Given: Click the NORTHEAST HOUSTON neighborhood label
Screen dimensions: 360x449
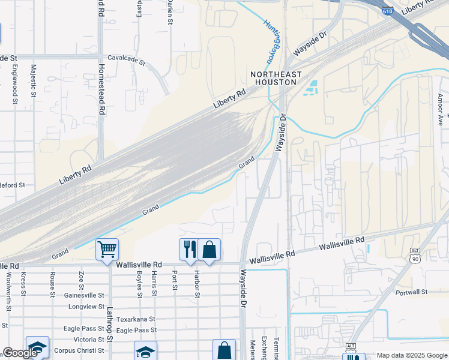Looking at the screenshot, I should (276, 77).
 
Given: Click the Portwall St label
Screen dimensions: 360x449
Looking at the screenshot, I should (411, 292).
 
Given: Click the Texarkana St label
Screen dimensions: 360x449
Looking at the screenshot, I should (135, 319).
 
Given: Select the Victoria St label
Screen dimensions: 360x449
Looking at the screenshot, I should (89, 340).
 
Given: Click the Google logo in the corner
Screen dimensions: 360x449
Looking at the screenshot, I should (20, 353).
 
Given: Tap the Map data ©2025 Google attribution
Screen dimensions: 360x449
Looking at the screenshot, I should (412, 355).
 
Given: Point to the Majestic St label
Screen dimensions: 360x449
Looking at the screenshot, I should (33, 81).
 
